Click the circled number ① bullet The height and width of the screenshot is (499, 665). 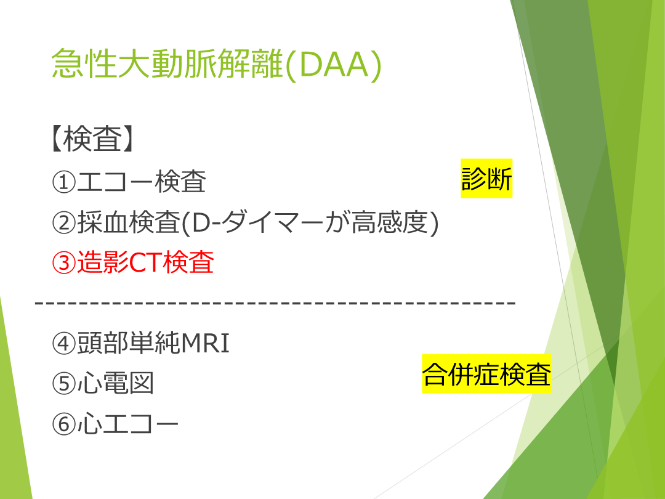click(x=63, y=182)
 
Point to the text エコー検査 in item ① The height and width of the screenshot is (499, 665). click(x=142, y=182)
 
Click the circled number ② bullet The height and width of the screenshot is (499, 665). click(x=63, y=222)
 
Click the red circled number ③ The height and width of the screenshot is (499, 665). click(x=63, y=262)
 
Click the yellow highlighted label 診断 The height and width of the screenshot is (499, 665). click(x=486, y=179)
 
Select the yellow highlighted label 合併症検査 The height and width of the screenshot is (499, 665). click(x=486, y=374)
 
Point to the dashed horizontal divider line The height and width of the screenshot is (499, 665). click(x=275, y=303)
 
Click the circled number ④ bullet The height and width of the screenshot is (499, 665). click(x=63, y=343)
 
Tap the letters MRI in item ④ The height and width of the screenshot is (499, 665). click(x=205, y=343)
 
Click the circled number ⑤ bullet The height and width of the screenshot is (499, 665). click(x=63, y=384)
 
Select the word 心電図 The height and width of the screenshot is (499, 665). click(x=115, y=383)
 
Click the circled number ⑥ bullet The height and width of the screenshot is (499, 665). click(x=63, y=424)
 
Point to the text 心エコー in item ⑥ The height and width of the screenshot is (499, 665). click(x=128, y=423)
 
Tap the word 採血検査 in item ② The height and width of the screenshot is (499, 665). click(x=129, y=222)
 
